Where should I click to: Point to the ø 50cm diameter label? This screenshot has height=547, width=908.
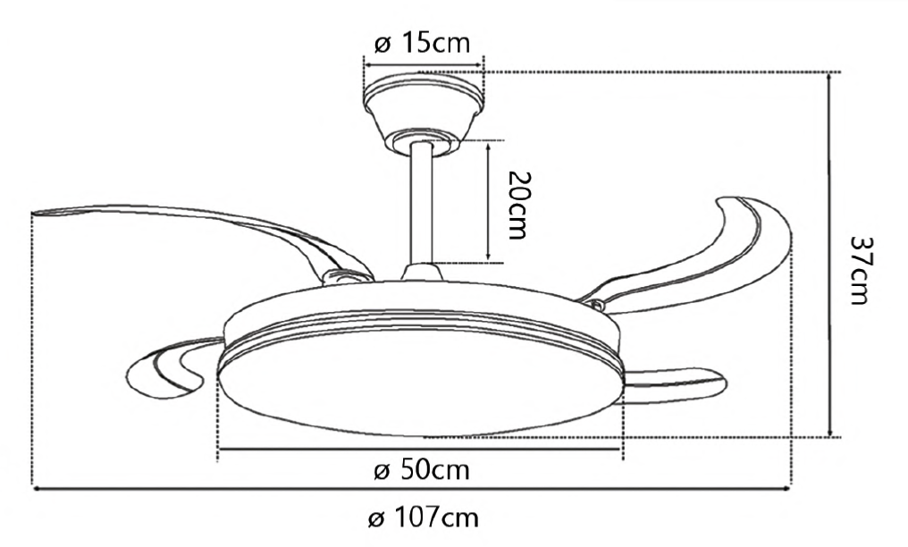(422, 470)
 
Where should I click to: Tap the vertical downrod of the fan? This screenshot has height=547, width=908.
(422, 206)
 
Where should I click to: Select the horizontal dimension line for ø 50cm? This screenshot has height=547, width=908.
(420, 450)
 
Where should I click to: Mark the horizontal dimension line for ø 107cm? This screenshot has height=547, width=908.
(411, 488)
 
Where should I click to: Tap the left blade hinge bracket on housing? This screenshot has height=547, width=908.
(344, 277)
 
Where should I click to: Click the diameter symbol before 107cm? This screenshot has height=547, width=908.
(376, 518)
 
